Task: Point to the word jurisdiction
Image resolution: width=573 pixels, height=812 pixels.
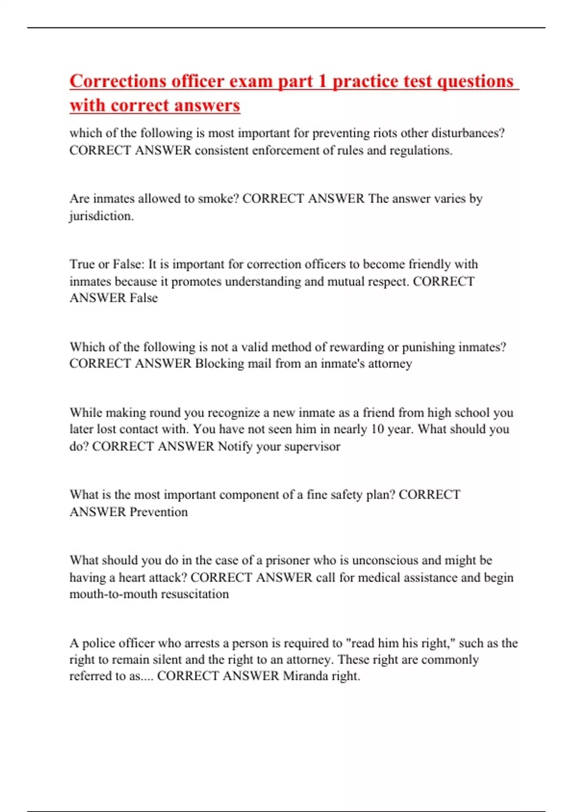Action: coord(101,216)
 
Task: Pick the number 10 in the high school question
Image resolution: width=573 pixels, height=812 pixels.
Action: coord(377,429)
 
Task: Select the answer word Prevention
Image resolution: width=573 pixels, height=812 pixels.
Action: coord(159,512)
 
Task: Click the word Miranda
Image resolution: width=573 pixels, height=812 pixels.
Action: coord(306,676)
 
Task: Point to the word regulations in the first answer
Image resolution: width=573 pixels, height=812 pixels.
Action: coord(420,150)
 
